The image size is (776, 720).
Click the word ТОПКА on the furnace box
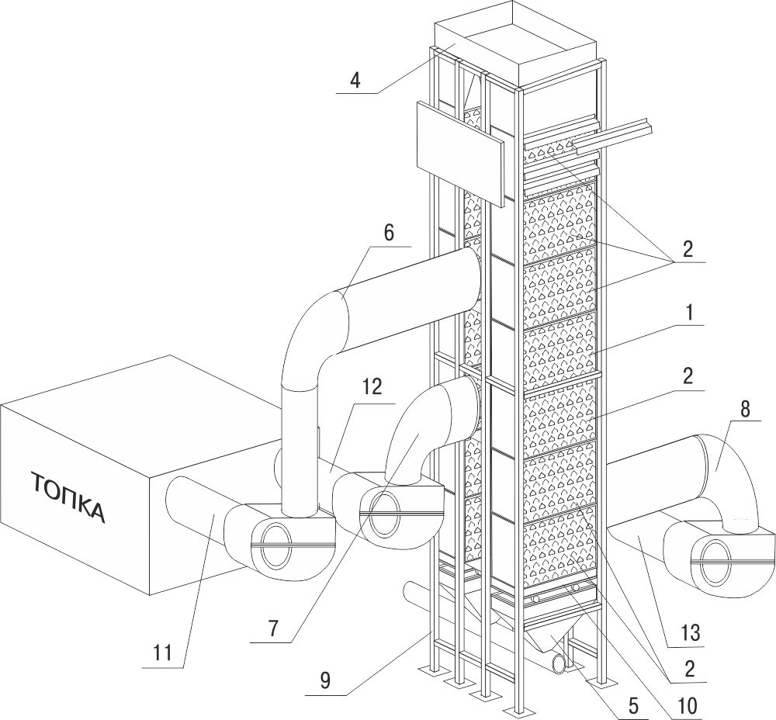[x=69, y=497]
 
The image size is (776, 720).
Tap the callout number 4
[x=355, y=80]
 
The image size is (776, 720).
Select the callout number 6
[x=389, y=233]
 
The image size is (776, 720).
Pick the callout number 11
[x=162, y=653]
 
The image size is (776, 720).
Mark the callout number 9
[x=325, y=681]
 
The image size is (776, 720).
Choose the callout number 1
[x=689, y=313]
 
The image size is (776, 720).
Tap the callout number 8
[x=745, y=409]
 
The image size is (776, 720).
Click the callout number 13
[x=691, y=632]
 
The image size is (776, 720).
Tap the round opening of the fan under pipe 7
[x=385, y=515]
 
